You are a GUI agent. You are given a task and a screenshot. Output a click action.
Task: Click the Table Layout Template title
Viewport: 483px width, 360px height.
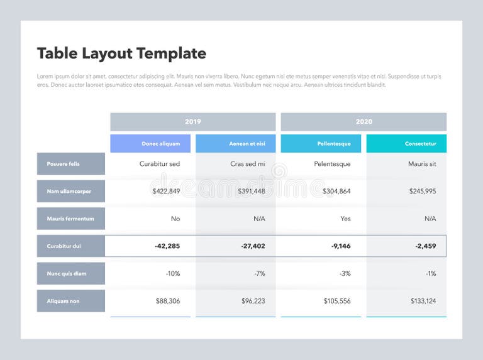pos(121,53)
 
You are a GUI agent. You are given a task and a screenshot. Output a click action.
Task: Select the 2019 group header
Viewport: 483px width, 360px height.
pos(192,122)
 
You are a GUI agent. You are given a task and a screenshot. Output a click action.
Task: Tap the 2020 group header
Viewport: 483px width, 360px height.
pos(364,122)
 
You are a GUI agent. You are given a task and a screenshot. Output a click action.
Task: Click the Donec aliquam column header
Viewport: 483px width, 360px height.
pos(150,144)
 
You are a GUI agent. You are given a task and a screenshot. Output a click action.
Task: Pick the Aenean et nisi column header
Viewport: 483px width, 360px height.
pos(236,144)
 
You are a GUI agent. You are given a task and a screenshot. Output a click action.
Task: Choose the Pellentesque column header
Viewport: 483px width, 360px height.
pos(321,144)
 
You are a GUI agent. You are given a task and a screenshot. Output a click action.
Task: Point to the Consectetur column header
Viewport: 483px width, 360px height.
pos(406,144)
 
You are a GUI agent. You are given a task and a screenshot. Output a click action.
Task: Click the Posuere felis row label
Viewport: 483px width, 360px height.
pos(71,164)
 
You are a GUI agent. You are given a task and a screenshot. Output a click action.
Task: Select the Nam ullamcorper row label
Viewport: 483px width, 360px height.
pos(71,191)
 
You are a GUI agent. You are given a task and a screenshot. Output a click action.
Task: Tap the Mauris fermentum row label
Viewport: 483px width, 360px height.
pos(71,219)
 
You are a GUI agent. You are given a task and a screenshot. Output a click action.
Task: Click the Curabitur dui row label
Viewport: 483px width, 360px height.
pos(71,246)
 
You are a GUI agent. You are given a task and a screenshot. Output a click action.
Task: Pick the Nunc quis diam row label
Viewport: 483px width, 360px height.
pos(71,273)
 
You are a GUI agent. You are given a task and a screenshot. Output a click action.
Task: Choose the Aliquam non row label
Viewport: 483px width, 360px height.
pos(71,301)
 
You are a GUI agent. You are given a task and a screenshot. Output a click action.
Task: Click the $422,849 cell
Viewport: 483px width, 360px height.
pos(166,191)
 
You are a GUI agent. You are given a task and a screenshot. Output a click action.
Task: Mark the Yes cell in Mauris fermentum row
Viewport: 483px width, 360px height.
pos(345,219)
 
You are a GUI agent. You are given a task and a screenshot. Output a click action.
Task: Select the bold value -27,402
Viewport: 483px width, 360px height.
pos(253,246)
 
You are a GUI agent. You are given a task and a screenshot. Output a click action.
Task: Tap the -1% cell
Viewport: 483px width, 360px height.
pos(430,273)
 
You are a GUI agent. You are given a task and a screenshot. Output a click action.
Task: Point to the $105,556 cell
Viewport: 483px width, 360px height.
pos(336,301)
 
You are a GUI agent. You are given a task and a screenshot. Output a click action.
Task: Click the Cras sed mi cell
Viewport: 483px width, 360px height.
pos(248,164)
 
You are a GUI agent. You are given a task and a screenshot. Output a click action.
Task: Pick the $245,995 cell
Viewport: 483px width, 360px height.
pos(422,191)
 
